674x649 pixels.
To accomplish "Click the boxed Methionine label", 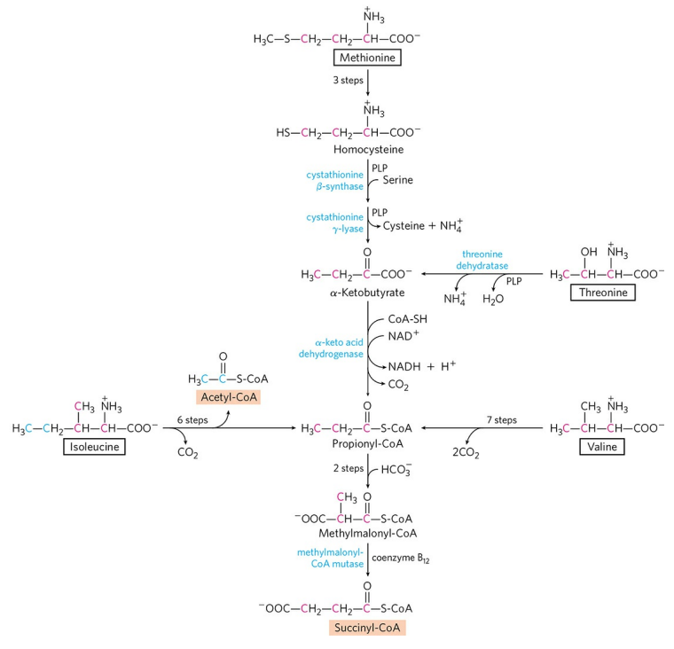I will (x=367, y=59).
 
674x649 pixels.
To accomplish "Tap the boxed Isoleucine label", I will (x=92, y=447).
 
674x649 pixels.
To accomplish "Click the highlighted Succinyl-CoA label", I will (x=367, y=628).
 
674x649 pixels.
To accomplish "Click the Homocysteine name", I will (x=367, y=151).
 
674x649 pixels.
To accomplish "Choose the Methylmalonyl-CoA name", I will (x=365, y=536).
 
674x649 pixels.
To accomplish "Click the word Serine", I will (x=399, y=180).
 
